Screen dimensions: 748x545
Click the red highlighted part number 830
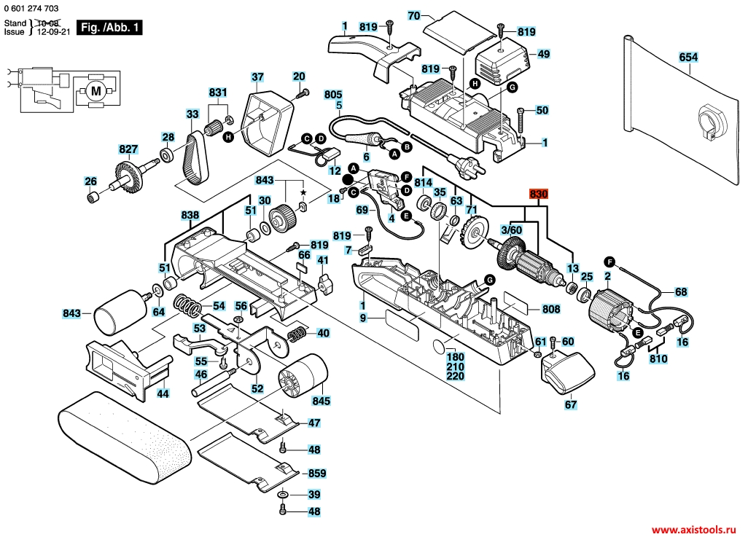(539, 194)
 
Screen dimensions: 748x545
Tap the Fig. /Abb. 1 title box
(109, 27)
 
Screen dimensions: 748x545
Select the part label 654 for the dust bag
(688, 58)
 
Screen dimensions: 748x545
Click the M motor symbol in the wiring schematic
(96, 90)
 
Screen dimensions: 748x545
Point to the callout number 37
(257, 77)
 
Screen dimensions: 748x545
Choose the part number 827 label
(128, 149)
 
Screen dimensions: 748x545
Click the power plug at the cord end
(470, 166)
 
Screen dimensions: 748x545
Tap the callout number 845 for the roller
(321, 401)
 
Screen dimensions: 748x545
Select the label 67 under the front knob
(571, 405)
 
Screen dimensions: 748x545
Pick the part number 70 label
(414, 16)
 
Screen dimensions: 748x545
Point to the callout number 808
(551, 309)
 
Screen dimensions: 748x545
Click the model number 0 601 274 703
(31, 8)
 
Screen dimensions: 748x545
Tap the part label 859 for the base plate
(317, 474)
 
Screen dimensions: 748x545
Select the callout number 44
(163, 394)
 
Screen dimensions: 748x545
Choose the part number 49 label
(543, 54)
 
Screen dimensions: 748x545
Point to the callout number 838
(190, 215)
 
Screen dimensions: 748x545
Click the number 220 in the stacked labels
(456, 376)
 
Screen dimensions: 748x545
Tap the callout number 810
(658, 358)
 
